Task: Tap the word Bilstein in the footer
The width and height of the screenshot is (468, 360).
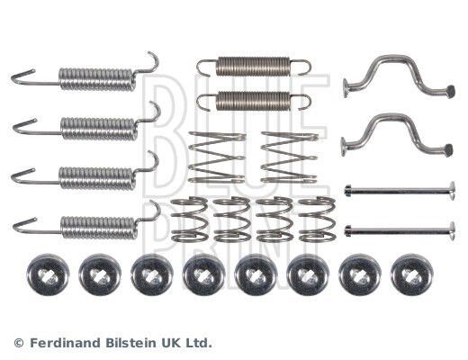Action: point(130,343)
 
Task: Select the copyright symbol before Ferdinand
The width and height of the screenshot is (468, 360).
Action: point(19,343)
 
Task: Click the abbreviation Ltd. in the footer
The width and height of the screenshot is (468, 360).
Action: point(197,343)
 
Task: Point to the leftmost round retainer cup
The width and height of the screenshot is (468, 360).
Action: point(48,274)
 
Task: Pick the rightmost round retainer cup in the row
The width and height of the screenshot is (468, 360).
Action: point(411,274)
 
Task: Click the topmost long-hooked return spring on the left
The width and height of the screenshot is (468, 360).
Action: point(85,76)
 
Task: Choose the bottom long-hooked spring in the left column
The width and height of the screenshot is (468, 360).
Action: point(86,223)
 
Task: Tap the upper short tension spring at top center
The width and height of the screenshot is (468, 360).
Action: point(254,67)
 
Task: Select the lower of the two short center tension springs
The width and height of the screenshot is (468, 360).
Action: point(253,101)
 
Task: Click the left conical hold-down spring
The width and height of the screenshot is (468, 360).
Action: point(217,157)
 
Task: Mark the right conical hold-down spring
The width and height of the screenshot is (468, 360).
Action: point(290,157)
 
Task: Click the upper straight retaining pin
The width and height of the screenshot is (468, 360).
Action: point(400,190)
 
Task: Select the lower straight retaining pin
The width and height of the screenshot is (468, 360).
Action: point(400,231)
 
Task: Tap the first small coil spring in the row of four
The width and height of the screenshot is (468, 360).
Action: point(190,219)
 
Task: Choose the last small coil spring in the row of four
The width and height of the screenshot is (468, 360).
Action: point(318,219)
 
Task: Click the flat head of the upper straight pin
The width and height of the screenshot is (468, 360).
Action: point(452,190)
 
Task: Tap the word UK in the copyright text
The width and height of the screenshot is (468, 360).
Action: point(169,343)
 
